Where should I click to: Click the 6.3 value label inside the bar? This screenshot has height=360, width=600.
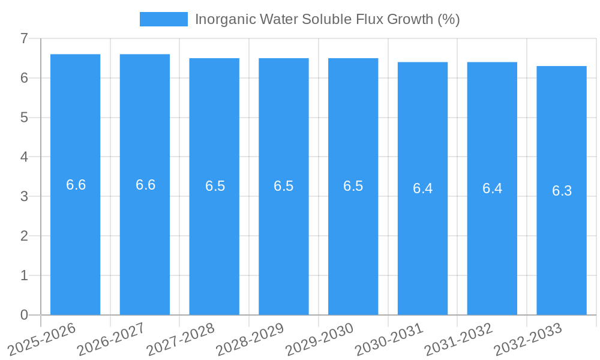point(562,191)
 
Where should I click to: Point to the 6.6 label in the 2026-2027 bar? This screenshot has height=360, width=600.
point(145,185)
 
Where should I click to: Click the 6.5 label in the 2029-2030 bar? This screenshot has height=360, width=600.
point(353,186)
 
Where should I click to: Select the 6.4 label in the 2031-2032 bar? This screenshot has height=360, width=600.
point(492,188)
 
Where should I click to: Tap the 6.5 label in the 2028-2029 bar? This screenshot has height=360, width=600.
point(283,186)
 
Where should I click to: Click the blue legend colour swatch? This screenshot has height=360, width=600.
point(163,19)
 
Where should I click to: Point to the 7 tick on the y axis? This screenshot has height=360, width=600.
point(24,38)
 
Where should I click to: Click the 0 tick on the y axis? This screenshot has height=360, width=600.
point(24,315)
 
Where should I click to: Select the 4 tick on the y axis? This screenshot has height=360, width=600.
point(24,157)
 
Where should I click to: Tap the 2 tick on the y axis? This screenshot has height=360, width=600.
point(24,236)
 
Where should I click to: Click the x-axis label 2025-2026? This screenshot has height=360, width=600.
point(42,339)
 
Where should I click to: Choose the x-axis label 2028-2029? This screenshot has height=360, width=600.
point(250,339)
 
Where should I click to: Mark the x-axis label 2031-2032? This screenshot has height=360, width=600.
point(458,339)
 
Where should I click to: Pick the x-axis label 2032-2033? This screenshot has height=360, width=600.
point(528,339)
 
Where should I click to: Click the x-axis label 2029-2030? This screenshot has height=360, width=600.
point(320,339)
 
